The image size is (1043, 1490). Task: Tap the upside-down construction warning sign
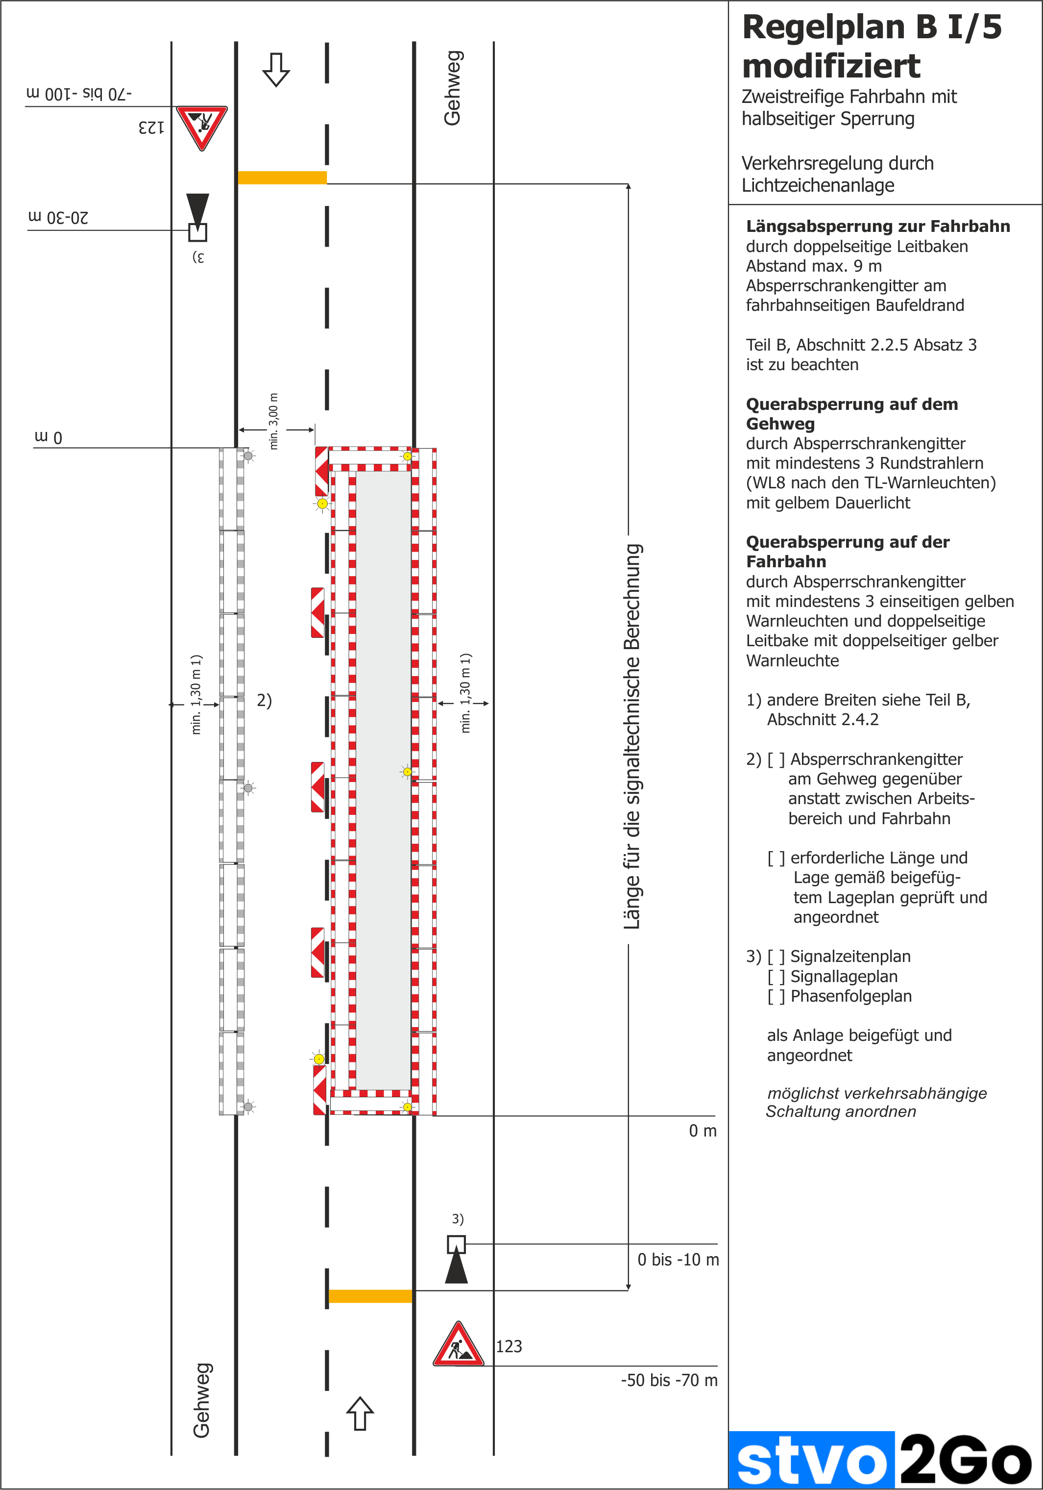point(202,126)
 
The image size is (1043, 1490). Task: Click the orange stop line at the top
point(282,177)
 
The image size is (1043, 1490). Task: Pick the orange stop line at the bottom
point(370,1296)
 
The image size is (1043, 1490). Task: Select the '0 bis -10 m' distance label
point(678,1260)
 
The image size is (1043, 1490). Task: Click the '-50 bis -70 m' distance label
point(669,1380)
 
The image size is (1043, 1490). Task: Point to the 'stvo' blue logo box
point(811,1460)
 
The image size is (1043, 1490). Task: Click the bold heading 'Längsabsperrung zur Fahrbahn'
point(877,227)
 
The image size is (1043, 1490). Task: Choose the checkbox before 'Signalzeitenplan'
point(776,957)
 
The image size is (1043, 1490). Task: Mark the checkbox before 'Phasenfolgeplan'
point(776,996)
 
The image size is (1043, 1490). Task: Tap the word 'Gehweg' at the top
point(452,88)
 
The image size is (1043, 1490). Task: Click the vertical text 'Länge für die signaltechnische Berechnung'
point(632,736)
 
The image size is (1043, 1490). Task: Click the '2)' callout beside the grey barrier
point(264,700)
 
